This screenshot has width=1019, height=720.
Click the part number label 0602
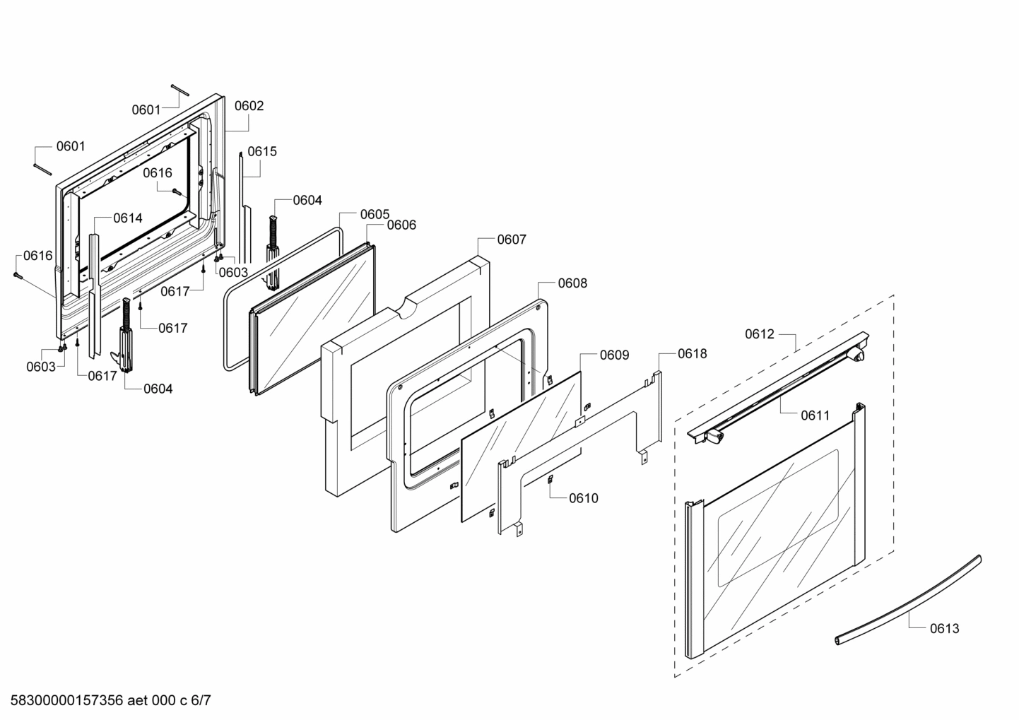pyautogui.click(x=249, y=106)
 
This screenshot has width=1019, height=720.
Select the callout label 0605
pyautogui.click(x=375, y=214)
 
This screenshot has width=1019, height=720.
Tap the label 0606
pyautogui.click(x=401, y=225)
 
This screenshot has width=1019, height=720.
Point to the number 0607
pyautogui.click(x=511, y=240)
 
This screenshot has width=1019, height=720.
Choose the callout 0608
pyautogui.click(x=572, y=283)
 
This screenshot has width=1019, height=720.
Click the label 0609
pyautogui.click(x=614, y=355)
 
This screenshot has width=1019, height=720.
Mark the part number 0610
pyautogui.click(x=583, y=498)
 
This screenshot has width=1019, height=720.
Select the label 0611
pyautogui.click(x=815, y=415)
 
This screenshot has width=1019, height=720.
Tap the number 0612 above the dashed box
pyautogui.click(x=760, y=334)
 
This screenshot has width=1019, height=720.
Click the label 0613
pyautogui.click(x=944, y=628)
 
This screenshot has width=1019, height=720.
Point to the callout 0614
pyautogui.click(x=128, y=218)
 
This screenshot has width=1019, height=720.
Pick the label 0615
pyautogui.click(x=262, y=151)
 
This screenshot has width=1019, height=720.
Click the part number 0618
pyautogui.click(x=692, y=354)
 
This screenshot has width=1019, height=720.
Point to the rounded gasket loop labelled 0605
pyautogui.click(x=227, y=325)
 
